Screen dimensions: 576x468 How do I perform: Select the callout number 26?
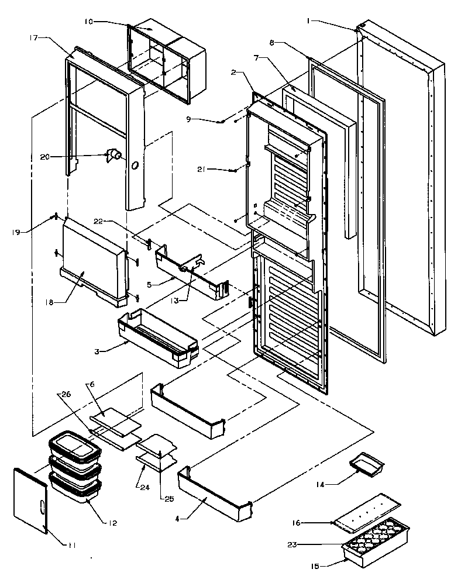[x=66, y=394]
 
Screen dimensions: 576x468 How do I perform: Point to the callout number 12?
[x=112, y=522]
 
